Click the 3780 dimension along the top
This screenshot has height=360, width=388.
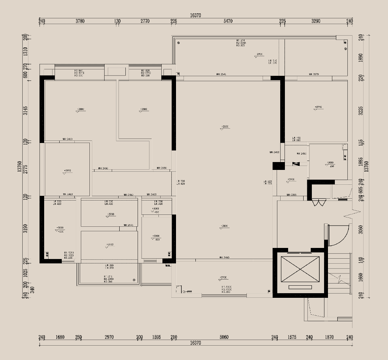coord(80,21)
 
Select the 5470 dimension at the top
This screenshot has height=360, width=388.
coord(228,21)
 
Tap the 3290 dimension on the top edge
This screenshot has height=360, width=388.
coord(315,21)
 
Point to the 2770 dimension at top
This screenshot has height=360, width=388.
coord(145,21)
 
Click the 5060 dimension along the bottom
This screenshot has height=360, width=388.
coord(223,337)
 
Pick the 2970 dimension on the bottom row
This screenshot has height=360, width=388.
coord(109,337)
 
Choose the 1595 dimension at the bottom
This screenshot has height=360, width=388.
coord(156,337)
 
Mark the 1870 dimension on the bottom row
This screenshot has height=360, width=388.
coord(329,337)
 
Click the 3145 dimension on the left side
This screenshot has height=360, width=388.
coord(25,110)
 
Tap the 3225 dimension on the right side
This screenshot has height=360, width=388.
coord(361,110)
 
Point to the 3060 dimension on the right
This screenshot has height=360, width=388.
coord(361,229)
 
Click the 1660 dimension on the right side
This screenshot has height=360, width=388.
coord(361,277)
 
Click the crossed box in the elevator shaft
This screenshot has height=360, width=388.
coord(300,269)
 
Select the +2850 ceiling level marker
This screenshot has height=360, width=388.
coord(225,127)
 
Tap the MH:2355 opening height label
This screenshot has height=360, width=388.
coord(291,195)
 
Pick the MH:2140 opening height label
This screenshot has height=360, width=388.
coord(129,225)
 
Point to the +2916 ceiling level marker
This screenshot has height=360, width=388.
coord(318,107)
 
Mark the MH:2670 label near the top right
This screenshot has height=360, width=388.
coord(314,74)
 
